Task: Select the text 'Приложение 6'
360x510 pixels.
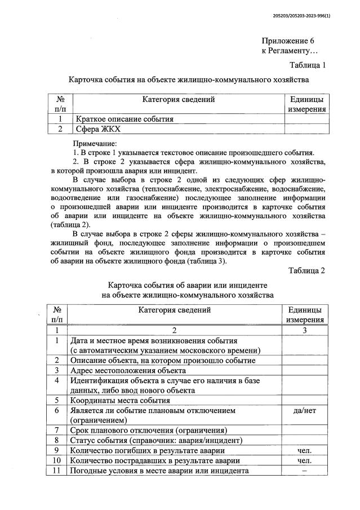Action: pyautogui.click(x=287, y=41)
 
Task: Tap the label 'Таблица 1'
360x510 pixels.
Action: pyautogui.click(x=307, y=65)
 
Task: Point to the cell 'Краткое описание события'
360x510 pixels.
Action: pyautogui.click(x=125, y=119)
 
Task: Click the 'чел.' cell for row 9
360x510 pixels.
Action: pyautogui.click(x=305, y=450)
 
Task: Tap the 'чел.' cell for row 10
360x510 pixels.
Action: pyautogui.click(x=305, y=460)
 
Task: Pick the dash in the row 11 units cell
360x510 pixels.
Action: pyautogui.click(x=305, y=471)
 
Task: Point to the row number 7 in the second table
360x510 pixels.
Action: pyautogui.click(x=57, y=430)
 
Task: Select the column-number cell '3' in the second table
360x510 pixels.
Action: pyautogui.click(x=305, y=331)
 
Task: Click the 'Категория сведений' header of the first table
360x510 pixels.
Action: pyautogui.click(x=178, y=100)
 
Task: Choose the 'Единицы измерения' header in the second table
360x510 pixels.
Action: pyautogui.click(x=305, y=314)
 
